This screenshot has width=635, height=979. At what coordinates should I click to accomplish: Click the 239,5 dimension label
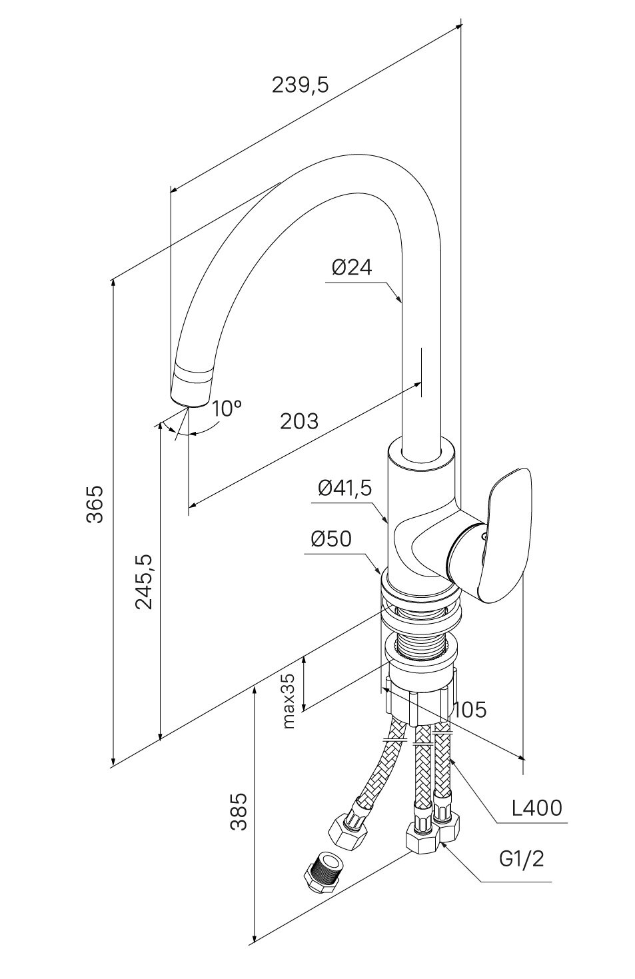(301, 85)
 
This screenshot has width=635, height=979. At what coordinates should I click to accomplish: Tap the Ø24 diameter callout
(352, 267)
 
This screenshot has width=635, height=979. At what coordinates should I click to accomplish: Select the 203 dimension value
(299, 421)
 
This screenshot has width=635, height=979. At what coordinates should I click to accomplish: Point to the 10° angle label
(227, 408)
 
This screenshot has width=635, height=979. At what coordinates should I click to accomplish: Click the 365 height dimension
(96, 504)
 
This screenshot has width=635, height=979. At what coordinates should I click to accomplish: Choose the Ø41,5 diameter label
(344, 488)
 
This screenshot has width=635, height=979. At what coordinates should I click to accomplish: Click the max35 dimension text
(288, 700)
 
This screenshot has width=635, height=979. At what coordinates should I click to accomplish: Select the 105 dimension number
(470, 710)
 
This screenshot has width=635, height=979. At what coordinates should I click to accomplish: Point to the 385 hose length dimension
(239, 811)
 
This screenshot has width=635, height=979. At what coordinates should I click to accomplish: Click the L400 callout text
(536, 808)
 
